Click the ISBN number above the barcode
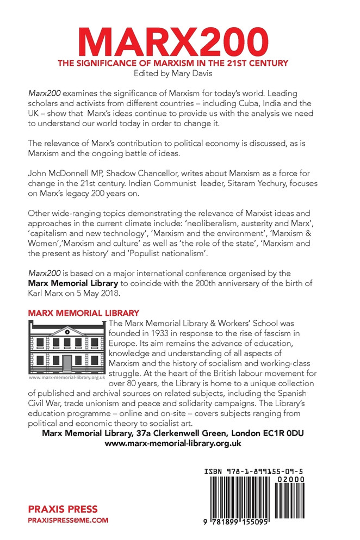(x=253, y=469)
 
